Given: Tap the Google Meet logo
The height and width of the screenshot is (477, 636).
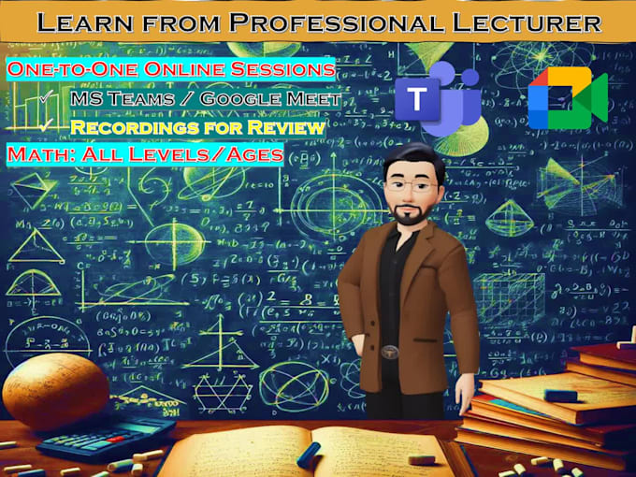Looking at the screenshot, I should coord(567,98).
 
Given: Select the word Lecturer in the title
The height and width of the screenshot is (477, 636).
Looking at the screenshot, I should coord(528,21).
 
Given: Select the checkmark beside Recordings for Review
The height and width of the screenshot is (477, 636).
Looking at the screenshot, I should coord(43,125).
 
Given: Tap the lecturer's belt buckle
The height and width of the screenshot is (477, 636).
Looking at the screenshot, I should coord(386,354).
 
